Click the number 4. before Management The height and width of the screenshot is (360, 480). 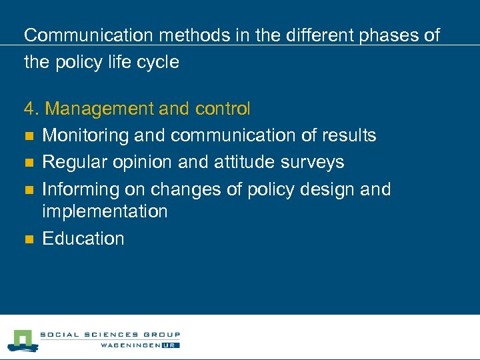click(31, 108)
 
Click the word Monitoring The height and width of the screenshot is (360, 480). click(85, 135)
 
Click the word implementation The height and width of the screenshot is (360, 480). click(105, 211)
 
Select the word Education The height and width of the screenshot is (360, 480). click(83, 239)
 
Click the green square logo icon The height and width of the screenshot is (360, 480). click(21, 340)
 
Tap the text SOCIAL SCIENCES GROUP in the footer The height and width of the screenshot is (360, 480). click(110, 335)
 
